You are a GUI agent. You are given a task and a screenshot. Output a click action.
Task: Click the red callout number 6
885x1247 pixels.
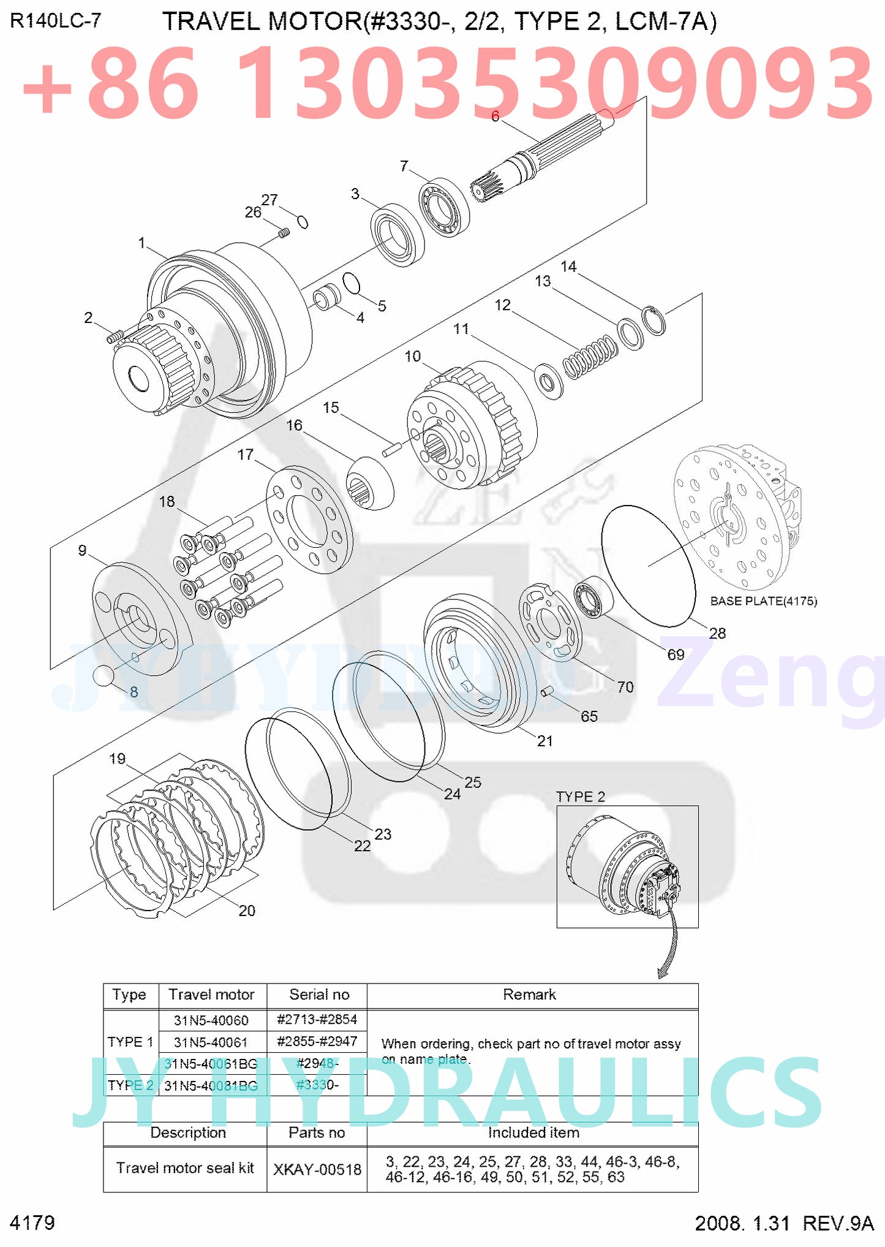click(495, 116)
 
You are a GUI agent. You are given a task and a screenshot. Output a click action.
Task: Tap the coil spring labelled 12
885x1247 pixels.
click(590, 357)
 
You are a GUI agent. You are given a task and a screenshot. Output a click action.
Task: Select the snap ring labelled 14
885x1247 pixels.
click(654, 320)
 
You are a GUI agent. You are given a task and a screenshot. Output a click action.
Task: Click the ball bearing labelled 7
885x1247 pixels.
click(444, 208)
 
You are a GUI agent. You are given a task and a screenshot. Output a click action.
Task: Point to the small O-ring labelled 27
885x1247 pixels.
click(302, 221)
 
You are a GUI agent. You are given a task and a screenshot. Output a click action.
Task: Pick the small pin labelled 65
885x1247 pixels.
click(547, 691)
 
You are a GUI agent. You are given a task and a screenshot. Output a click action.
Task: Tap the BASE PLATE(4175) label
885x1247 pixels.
click(763, 601)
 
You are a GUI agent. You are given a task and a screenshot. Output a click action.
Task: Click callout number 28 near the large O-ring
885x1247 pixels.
click(717, 633)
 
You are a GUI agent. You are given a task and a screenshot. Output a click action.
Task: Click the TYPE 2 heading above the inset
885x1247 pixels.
click(580, 797)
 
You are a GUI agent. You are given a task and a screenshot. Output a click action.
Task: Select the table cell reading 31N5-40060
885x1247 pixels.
click(211, 1020)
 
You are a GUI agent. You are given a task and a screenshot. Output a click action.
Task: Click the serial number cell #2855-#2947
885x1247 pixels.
click(317, 1041)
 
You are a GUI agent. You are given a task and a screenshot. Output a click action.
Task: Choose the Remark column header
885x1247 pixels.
click(529, 995)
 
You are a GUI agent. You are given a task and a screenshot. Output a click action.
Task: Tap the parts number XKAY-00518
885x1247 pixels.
click(317, 1169)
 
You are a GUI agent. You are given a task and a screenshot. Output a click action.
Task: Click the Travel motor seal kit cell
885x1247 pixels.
click(185, 1168)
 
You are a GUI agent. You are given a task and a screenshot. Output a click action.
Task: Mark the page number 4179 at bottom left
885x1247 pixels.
click(32, 1223)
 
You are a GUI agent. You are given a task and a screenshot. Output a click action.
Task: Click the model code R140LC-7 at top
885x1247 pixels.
click(55, 21)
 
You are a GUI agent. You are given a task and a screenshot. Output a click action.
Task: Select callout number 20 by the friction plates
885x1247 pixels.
click(247, 911)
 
